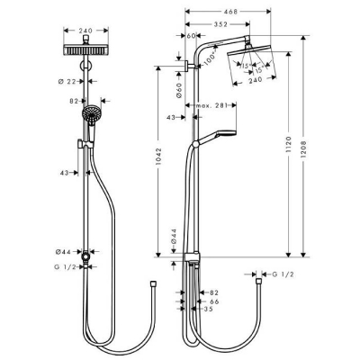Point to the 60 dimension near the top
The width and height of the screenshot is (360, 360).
193,36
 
